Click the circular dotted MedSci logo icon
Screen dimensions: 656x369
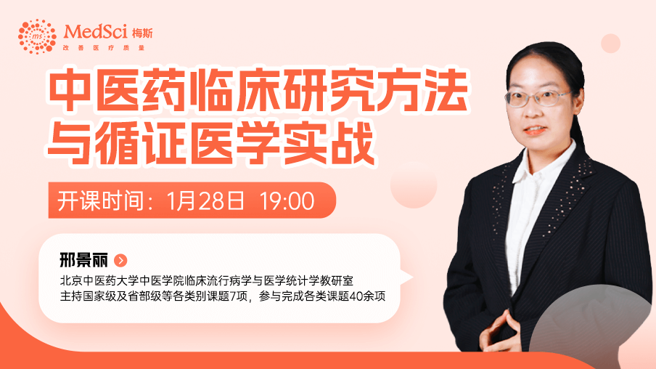[x=37, y=36]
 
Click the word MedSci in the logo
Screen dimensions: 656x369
[x=96, y=31]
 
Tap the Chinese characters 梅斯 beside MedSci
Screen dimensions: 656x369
[x=142, y=33]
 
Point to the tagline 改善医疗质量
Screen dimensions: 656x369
[x=104, y=48]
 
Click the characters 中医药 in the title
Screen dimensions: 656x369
[x=118, y=91]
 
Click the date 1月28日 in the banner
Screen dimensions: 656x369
[x=205, y=200]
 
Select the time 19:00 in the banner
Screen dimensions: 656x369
[x=287, y=201]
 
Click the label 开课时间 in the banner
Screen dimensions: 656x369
[x=99, y=200]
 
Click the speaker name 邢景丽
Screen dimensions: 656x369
[x=83, y=260]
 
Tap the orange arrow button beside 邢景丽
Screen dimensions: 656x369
[x=120, y=261]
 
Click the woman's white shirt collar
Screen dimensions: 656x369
[x=544, y=161]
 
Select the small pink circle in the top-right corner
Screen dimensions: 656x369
[x=610, y=44]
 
